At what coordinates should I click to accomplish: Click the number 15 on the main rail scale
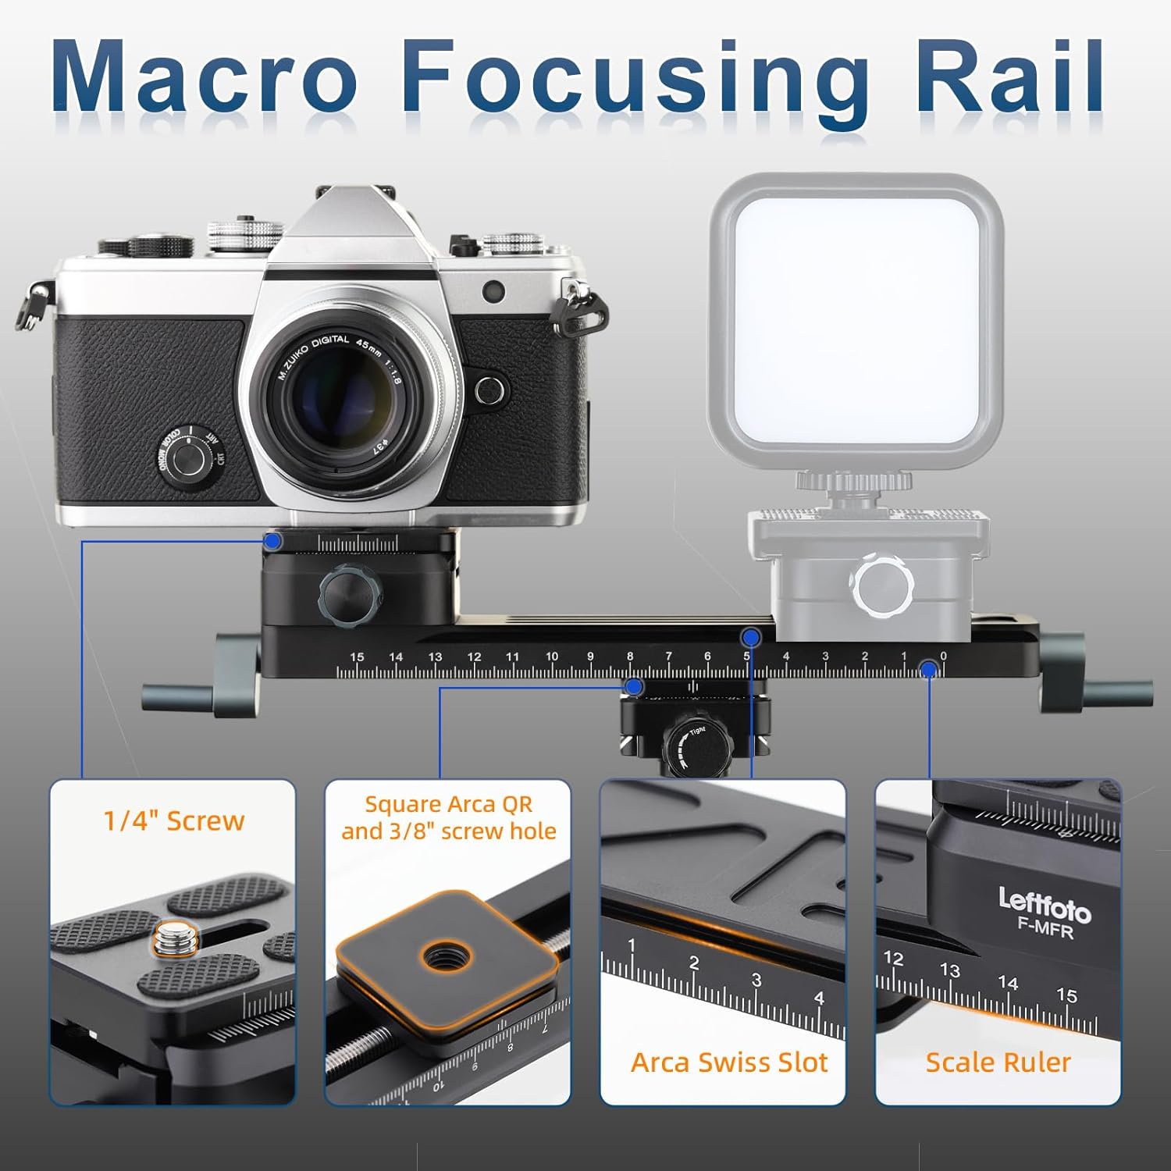point(357,657)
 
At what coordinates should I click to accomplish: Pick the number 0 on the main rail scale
point(943,657)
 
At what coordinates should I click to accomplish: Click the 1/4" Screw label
point(174,821)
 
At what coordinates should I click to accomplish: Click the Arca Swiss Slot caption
point(729,1062)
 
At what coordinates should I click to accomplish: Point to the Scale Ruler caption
point(998,1062)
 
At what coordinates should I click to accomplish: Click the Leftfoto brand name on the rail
point(1045,906)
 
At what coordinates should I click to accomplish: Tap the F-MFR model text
point(1045,929)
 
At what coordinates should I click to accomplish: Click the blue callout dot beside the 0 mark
point(929,669)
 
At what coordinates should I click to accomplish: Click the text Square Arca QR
point(448,804)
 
